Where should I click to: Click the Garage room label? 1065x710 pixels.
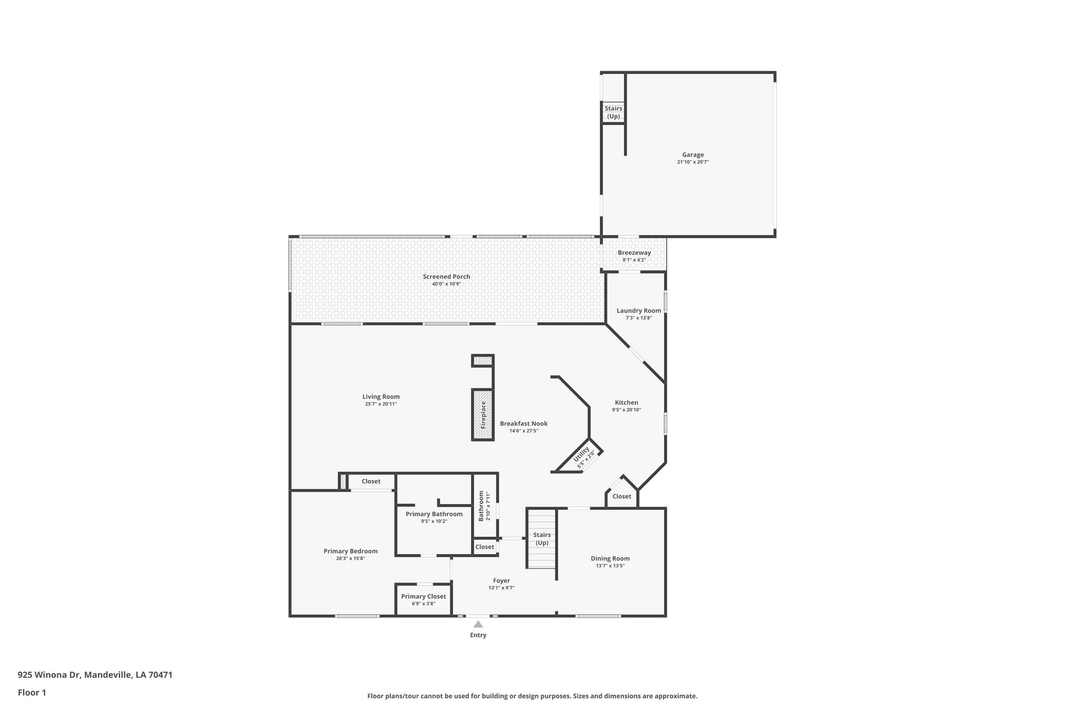tap(693, 154)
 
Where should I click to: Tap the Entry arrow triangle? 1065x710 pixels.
tap(478, 624)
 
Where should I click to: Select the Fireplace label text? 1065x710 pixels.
tap(483, 415)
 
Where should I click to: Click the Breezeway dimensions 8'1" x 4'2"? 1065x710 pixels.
tap(634, 260)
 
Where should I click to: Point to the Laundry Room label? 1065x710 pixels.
tap(639, 311)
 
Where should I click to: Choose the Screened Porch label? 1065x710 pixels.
tap(446, 277)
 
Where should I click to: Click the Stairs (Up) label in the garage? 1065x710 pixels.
tap(613, 112)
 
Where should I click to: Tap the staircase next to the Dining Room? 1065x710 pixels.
tap(542, 539)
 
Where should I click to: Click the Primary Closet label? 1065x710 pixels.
tap(423, 597)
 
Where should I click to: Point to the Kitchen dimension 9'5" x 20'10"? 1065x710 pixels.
tap(626, 410)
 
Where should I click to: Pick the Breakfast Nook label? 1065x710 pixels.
tap(524, 423)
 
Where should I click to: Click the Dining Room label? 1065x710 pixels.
tap(610, 558)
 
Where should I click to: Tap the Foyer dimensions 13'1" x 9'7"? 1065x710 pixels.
tap(501, 588)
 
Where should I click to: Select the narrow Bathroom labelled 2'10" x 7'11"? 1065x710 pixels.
tap(484, 506)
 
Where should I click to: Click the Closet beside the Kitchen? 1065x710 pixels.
tap(621, 496)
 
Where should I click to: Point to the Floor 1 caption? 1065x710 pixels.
tap(32, 692)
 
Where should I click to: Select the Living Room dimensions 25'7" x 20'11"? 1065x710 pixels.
tap(381, 404)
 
